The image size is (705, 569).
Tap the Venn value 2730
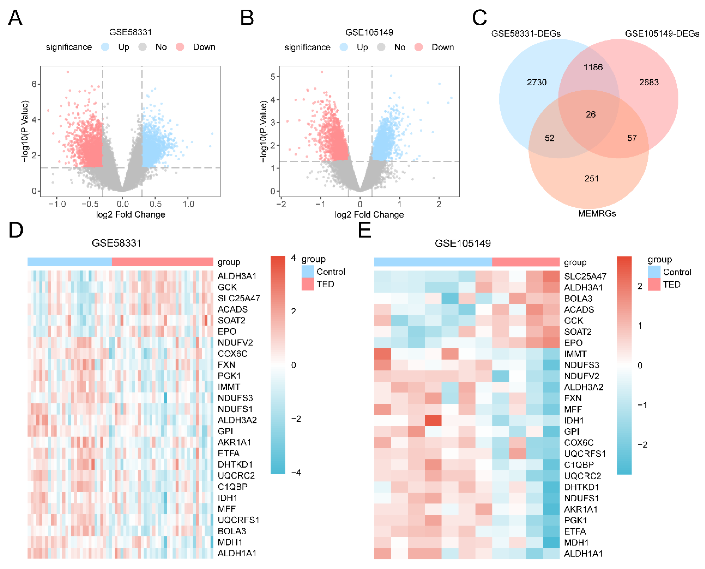(536, 82)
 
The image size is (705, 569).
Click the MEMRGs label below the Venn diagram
(596, 213)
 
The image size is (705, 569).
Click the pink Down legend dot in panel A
(180, 47)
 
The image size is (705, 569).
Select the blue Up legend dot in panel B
(344, 47)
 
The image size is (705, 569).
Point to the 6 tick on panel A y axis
(34, 84)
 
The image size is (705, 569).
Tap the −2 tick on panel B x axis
(281, 204)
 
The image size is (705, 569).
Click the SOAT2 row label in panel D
(231, 320)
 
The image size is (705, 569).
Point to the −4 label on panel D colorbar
(296, 472)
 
